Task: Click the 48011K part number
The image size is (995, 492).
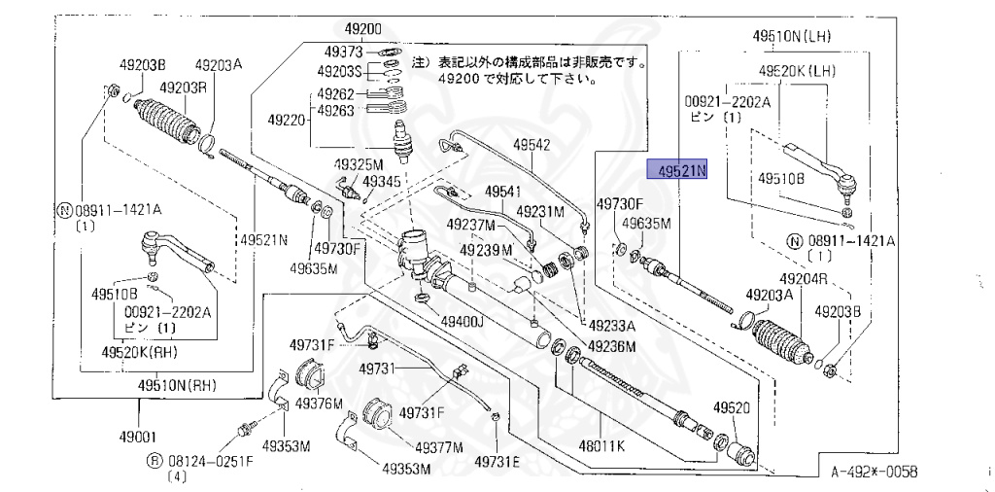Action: pyautogui.click(x=600, y=448)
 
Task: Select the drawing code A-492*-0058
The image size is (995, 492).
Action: pyautogui.click(x=873, y=472)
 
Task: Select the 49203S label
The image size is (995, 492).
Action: pyautogui.click(x=339, y=71)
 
